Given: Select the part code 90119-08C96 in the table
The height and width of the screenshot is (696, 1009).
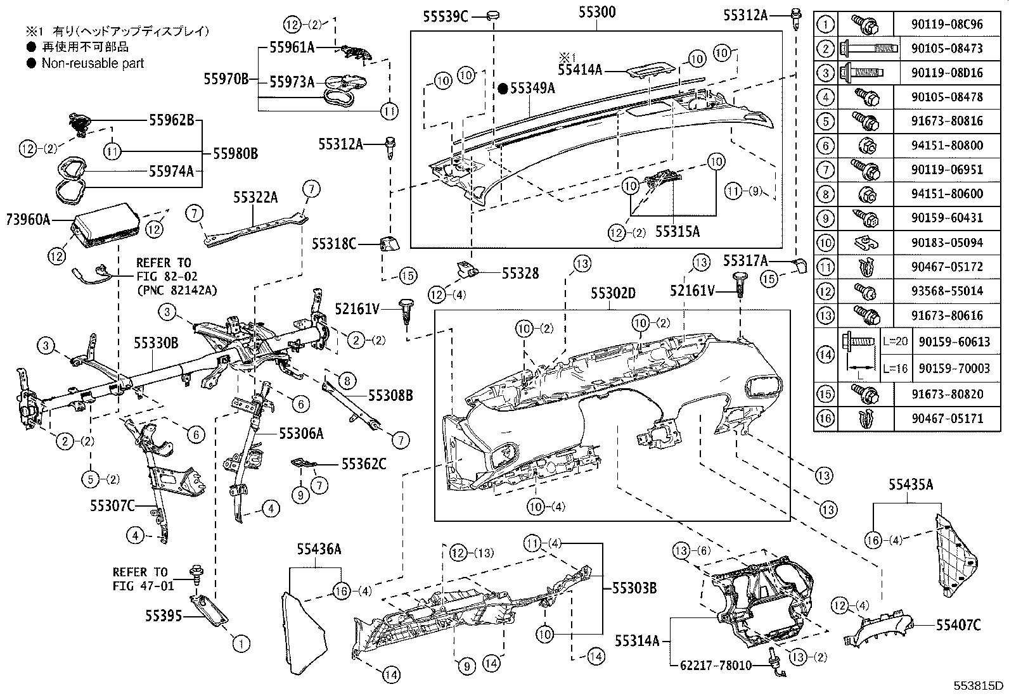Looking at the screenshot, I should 949,25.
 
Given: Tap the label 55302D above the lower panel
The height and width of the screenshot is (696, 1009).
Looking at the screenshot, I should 613,293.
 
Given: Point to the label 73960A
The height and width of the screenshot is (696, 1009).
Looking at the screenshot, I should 28,220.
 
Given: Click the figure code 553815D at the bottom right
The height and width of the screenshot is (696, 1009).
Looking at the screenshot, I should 980,686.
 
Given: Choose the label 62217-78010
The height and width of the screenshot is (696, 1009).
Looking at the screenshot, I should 716,666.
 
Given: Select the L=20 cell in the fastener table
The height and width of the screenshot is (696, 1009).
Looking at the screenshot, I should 894,341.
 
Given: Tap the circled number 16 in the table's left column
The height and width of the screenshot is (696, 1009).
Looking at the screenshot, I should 825,418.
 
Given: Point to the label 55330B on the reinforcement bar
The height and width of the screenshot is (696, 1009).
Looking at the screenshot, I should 155,343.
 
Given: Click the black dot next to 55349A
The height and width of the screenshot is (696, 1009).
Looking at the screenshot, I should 503,89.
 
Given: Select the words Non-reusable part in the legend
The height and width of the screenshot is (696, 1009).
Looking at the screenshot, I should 93,63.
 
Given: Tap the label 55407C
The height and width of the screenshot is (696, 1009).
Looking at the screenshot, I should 958,625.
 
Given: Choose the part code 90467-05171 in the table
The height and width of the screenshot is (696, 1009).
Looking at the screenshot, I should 949,418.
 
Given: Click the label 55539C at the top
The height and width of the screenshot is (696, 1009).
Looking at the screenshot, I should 446,17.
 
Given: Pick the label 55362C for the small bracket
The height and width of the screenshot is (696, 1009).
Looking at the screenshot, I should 364,464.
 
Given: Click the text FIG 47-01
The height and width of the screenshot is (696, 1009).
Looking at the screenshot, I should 143,586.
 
